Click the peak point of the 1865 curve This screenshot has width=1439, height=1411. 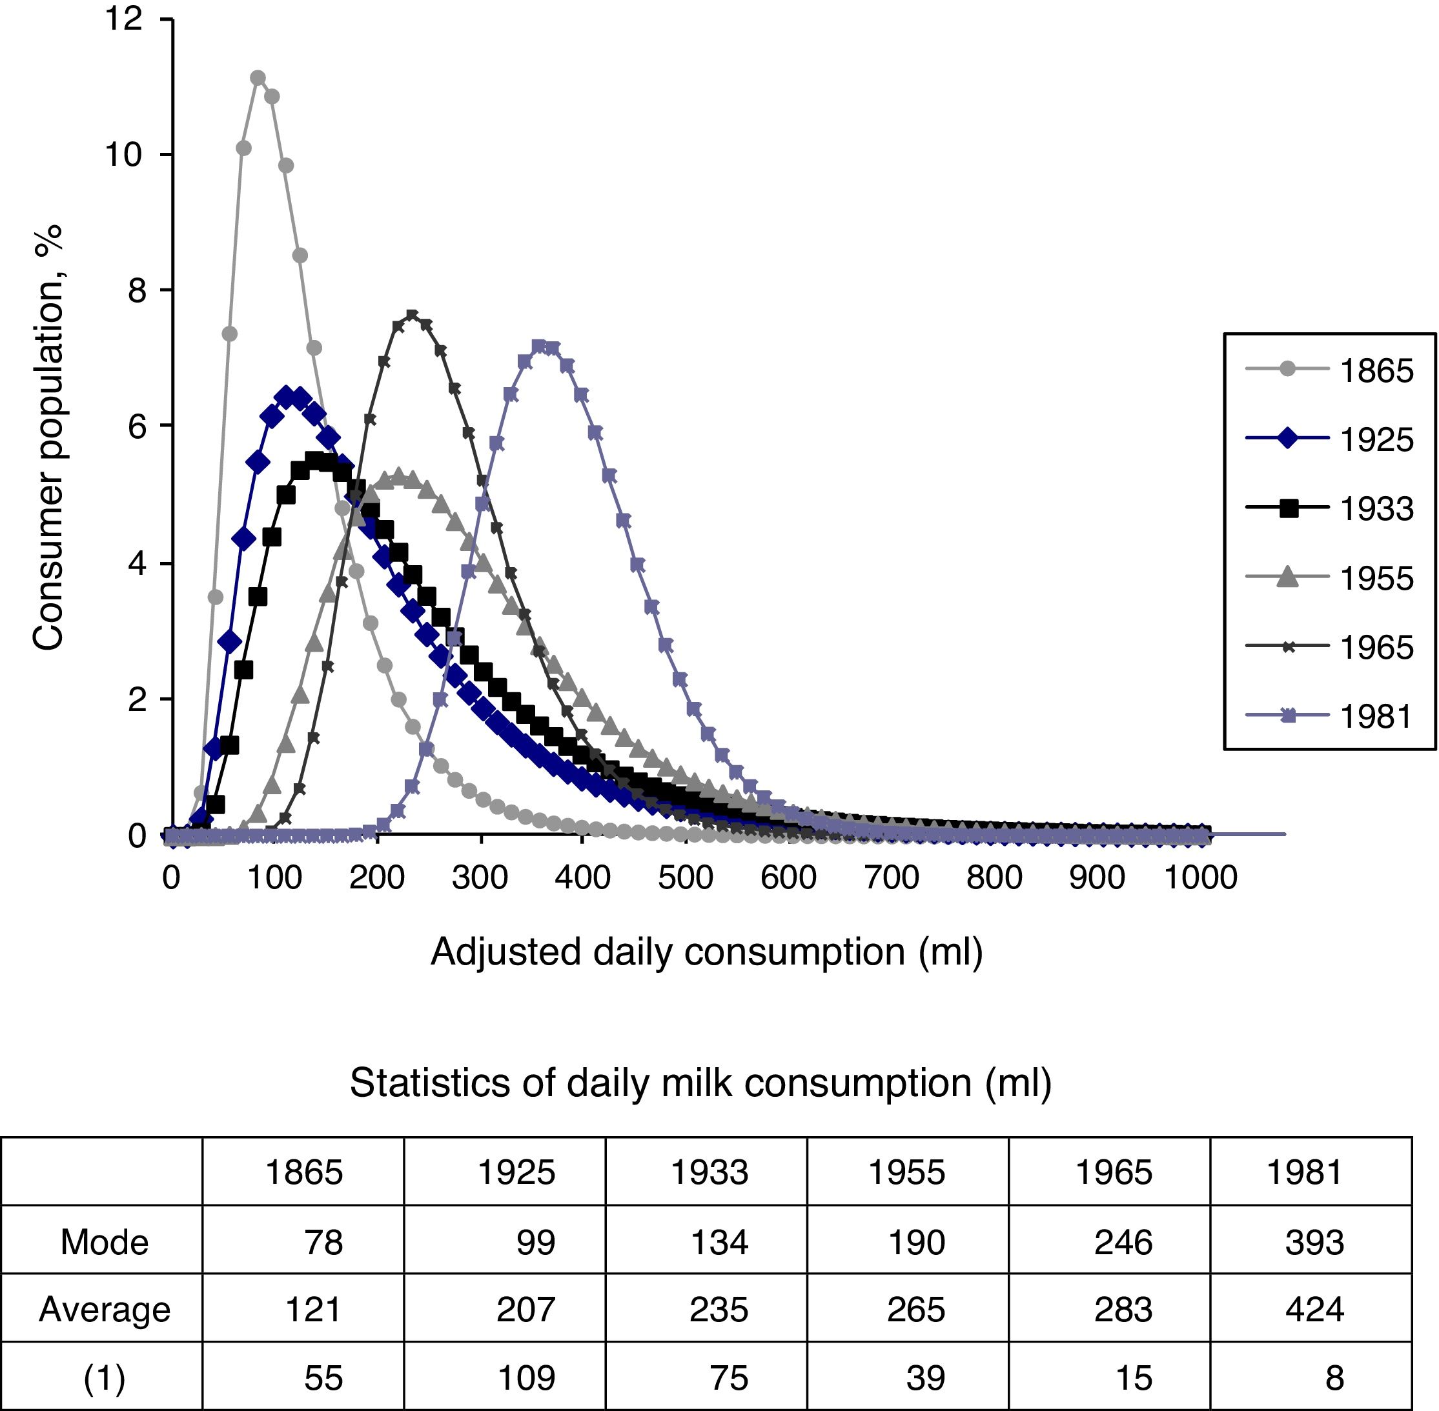coord(257,78)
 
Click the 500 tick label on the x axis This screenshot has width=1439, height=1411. coord(685,878)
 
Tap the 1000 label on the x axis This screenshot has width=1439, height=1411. coord(1200,878)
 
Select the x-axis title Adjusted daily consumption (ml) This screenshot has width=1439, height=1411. coord(706,952)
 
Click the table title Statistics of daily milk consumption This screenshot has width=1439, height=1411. coord(700,1083)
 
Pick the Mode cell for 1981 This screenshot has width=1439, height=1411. coord(1314,1242)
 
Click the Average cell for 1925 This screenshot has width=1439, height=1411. coord(526,1310)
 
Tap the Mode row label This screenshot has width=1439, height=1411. coord(104,1242)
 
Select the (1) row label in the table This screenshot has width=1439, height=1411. coord(104,1378)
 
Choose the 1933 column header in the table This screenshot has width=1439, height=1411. coord(709,1172)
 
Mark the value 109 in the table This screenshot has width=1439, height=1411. coord(526,1378)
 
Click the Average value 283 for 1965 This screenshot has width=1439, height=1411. coord(1123,1310)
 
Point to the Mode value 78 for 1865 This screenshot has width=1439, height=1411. coord(323,1242)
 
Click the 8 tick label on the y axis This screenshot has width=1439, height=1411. coord(137,290)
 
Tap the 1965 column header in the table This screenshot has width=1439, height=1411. coord(1114,1172)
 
